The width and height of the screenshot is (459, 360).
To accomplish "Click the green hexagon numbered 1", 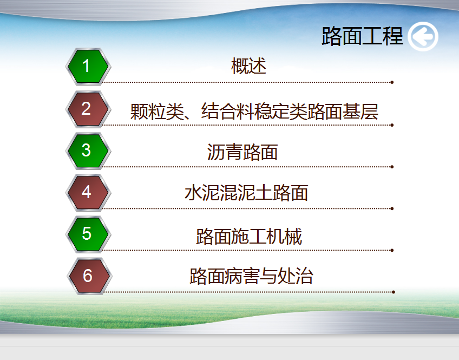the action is point(88,67).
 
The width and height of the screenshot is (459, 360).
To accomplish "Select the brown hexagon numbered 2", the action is point(88,109).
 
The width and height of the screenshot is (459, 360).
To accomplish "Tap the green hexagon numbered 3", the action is point(88,151).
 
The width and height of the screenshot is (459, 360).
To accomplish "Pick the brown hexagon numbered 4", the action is point(88,193).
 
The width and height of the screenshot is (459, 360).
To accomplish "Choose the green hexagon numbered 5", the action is point(88,234).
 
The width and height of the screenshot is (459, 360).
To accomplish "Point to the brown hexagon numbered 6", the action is point(89,276).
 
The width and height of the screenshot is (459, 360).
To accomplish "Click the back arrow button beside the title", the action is point(423,37).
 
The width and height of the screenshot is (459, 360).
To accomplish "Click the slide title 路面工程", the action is point(363,36).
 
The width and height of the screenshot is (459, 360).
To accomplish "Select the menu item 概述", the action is point(249,66).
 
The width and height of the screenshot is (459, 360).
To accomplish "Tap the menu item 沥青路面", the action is point(242,152).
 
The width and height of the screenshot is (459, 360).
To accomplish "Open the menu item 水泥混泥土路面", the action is point(246,193).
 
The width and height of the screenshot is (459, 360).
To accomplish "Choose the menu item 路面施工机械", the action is point(249,236).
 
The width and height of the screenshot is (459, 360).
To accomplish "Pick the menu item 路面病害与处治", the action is point(251,276).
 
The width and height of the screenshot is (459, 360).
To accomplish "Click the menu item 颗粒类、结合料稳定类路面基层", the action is point(254,112).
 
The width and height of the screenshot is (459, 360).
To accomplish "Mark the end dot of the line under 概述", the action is point(392,82).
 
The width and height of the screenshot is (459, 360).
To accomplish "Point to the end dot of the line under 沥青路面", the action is point(392,167).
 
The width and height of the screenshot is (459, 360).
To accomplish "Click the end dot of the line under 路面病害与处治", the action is point(394,292).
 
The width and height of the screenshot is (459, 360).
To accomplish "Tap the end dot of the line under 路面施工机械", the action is point(392,250).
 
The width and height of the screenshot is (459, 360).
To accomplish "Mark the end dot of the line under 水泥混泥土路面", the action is point(392,208).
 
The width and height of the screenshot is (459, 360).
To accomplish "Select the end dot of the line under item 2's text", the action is point(392,125).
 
